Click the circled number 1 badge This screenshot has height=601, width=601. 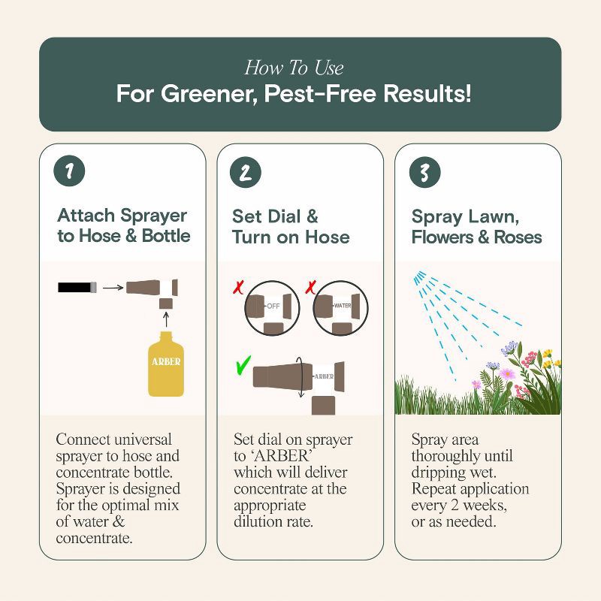point(70,172)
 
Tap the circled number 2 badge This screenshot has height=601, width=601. point(244,172)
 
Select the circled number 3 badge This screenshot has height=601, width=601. point(424,172)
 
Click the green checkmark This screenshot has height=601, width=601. point(241,367)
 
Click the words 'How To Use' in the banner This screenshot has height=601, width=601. point(294,68)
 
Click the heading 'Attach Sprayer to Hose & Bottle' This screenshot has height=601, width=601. point(124,226)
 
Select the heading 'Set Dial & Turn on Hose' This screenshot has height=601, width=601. point(291,226)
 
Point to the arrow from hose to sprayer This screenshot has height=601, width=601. point(112,286)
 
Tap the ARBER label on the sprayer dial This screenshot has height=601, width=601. point(323,376)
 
